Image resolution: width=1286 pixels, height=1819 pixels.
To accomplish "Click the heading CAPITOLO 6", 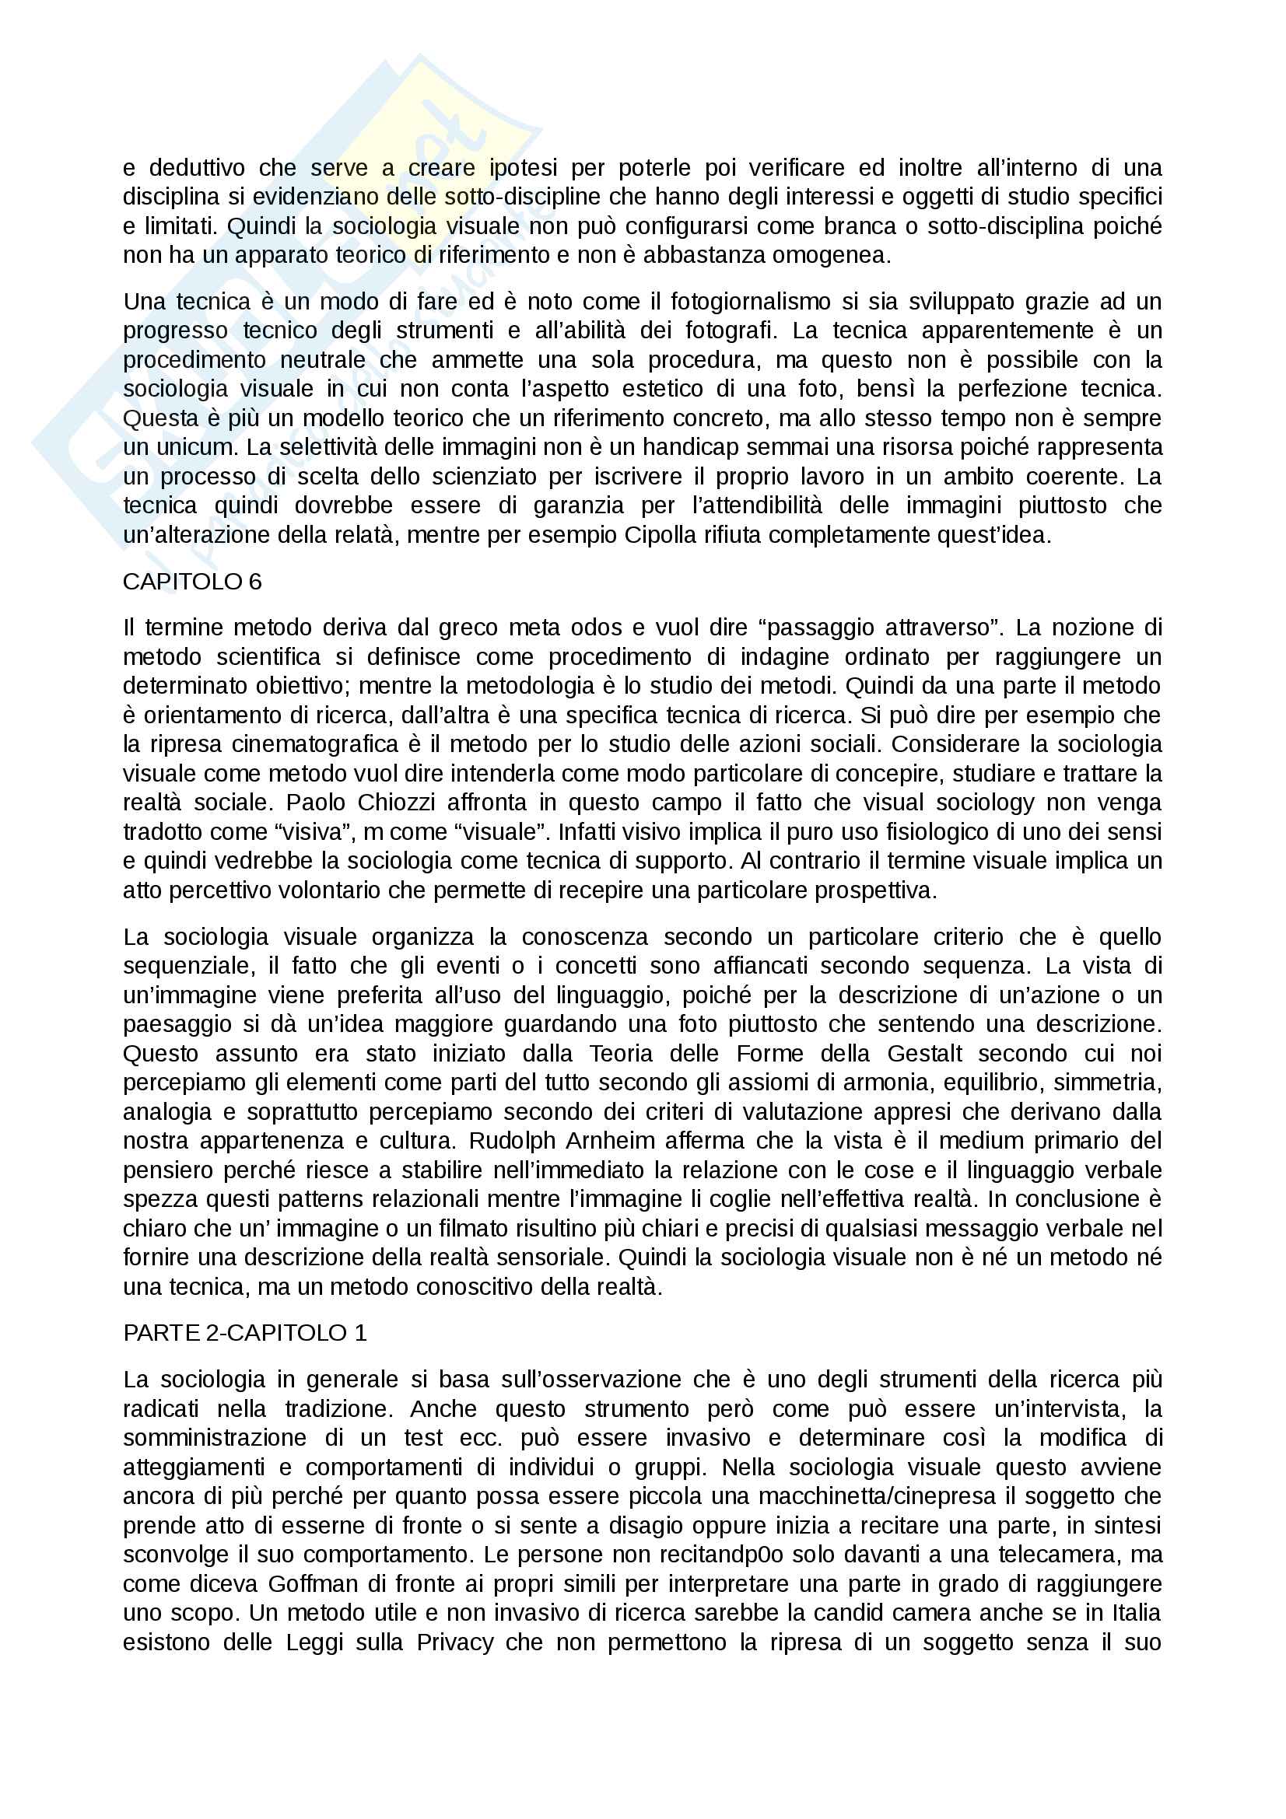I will [x=191, y=582].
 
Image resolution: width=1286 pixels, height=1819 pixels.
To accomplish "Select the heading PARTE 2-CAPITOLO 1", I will [x=245, y=1333].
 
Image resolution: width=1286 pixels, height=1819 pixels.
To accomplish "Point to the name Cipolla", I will [x=663, y=535].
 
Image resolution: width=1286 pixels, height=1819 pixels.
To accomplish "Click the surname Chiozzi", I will [x=396, y=803].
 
